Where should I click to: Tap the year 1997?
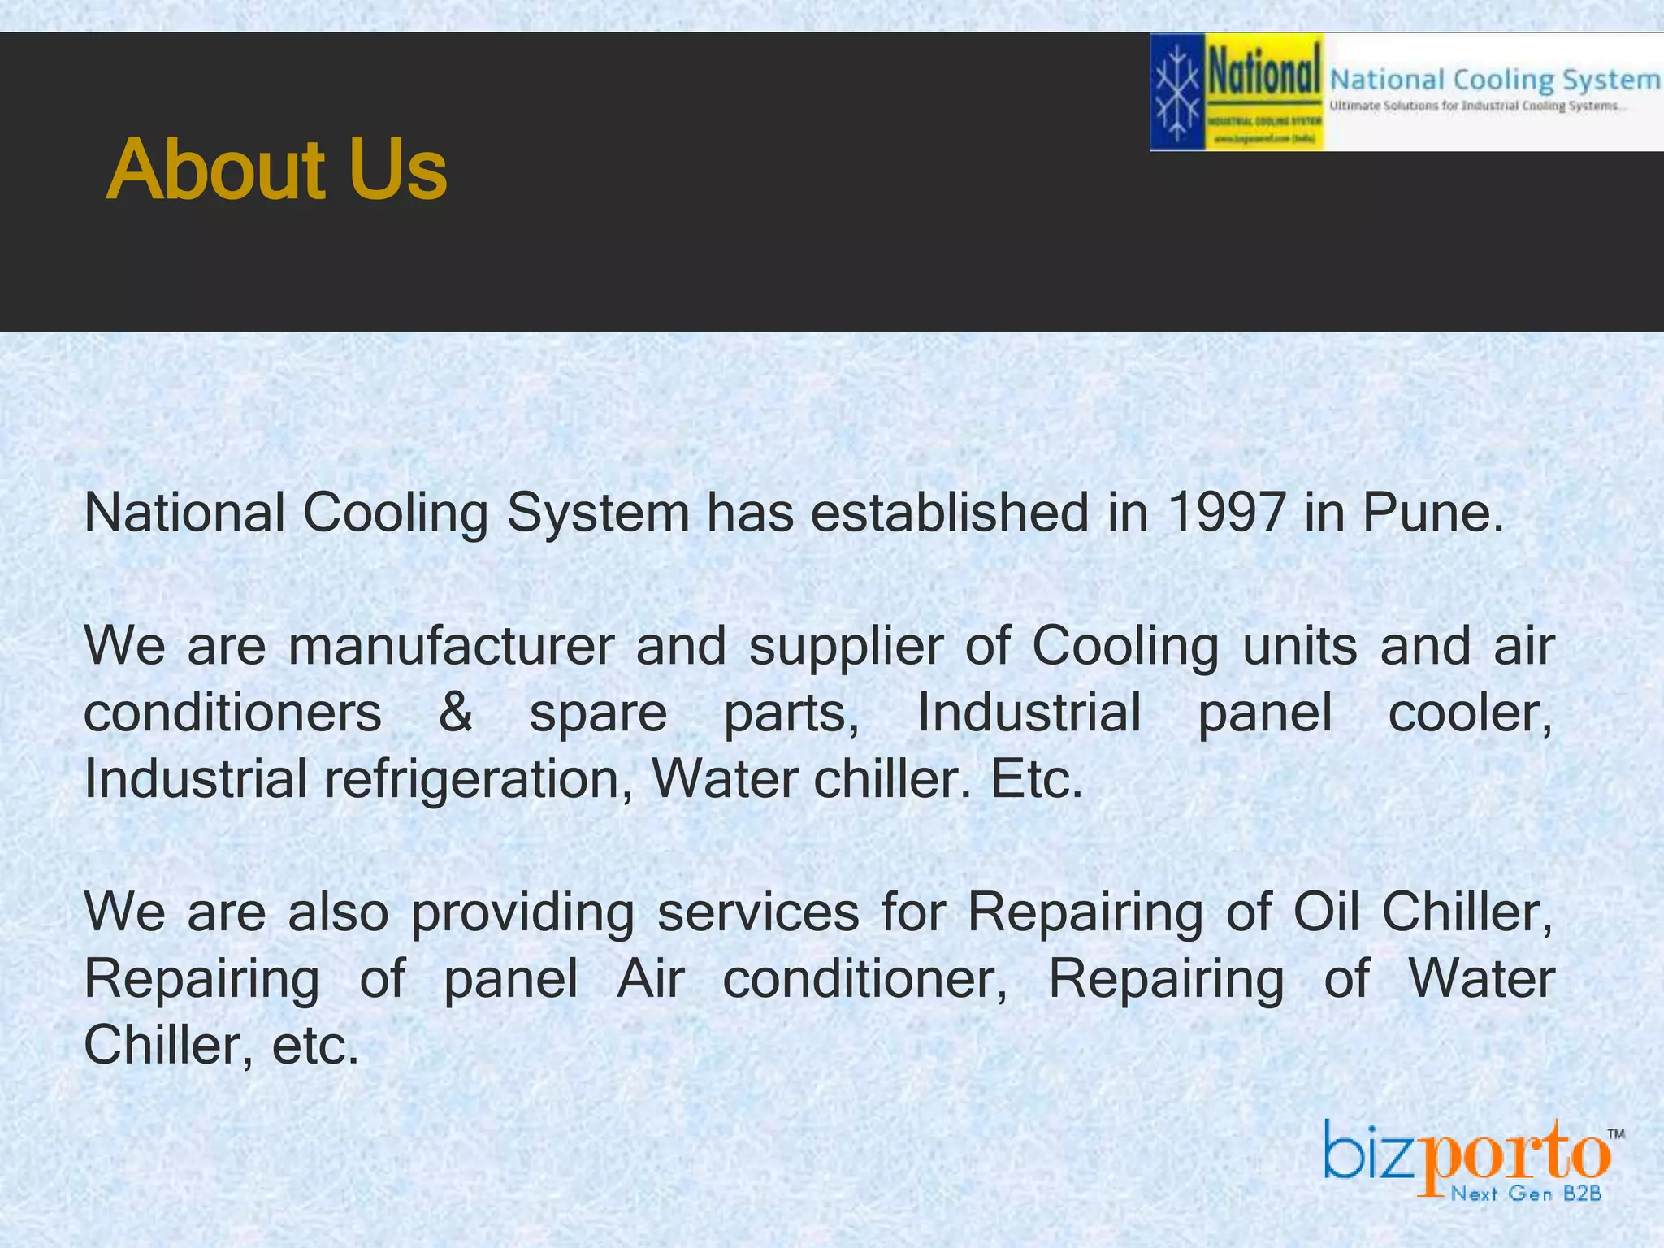click(x=1226, y=513)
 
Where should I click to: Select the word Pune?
click(x=1433, y=513)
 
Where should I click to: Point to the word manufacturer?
click(x=451, y=646)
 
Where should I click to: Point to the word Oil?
click(x=1326, y=912)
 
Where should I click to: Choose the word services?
click(x=758, y=912)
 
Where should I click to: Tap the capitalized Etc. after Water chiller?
click(x=1037, y=779)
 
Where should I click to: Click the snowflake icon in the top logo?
click(x=1177, y=92)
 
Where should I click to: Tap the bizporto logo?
click(x=1467, y=1153)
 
